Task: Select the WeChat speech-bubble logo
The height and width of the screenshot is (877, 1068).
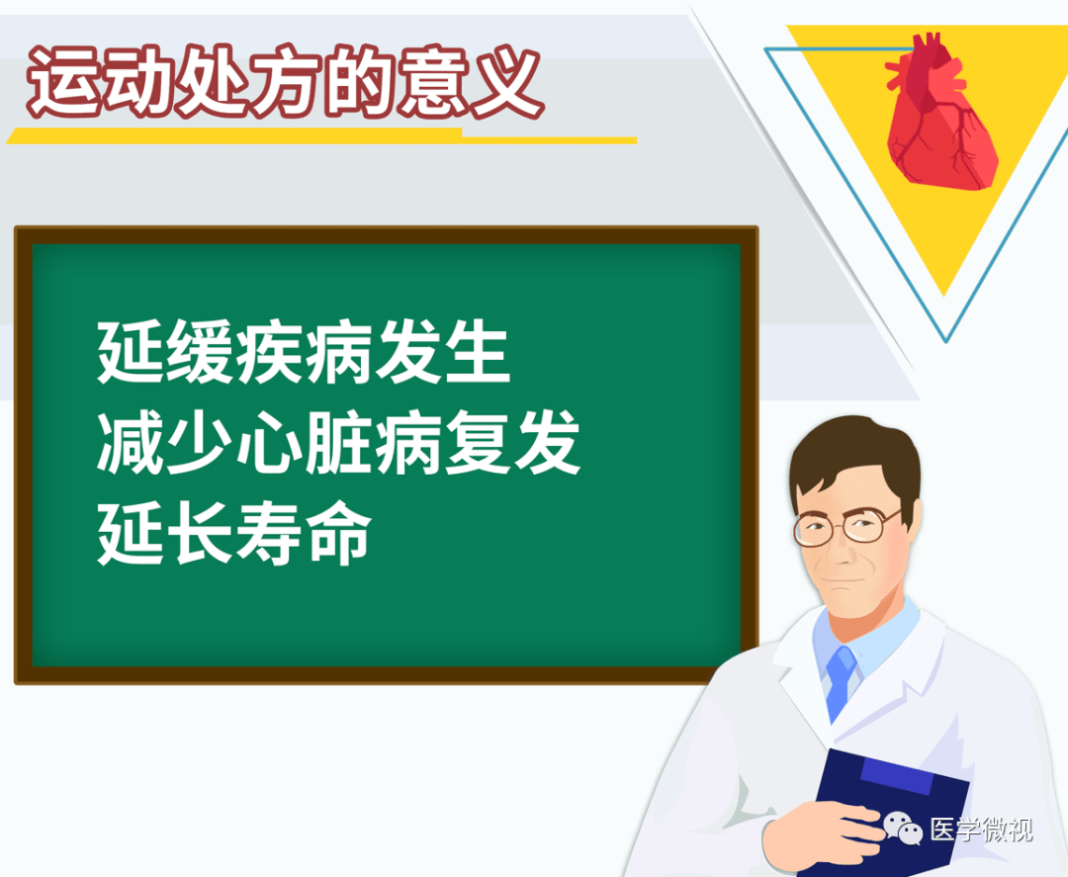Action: click(x=903, y=828)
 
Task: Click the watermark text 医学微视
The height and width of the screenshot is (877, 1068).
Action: click(x=982, y=830)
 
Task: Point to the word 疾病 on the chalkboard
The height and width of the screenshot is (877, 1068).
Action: click(x=305, y=353)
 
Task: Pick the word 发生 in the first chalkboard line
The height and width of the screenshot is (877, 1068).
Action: click(x=443, y=353)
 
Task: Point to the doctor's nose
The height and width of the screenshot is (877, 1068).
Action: click(x=840, y=553)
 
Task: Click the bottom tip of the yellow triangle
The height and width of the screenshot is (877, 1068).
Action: click(x=944, y=296)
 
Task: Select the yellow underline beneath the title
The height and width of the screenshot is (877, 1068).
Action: click(x=321, y=136)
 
